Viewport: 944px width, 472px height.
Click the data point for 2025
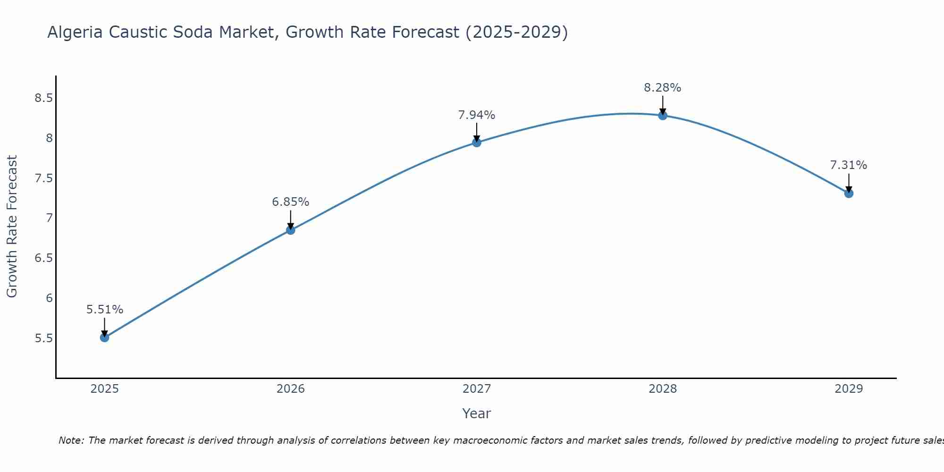point(105,337)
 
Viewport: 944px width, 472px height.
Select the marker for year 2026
point(291,230)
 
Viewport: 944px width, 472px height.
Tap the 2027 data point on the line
point(477,143)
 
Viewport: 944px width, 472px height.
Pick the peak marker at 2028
point(663,115)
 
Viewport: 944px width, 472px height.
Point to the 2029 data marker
point(849,193)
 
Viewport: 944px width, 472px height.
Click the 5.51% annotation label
point(105,310)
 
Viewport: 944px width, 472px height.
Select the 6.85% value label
point(291,202)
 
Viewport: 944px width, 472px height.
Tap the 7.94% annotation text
point(477,115)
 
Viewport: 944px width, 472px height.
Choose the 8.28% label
point(663,88)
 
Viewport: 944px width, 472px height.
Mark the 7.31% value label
point(849,165)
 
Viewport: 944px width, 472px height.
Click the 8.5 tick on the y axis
point(43,98)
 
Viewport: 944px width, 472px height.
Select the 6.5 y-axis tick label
point(43,258)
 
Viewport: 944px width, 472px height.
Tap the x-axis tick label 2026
point(291,389)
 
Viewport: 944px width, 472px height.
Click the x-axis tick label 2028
point(663,389)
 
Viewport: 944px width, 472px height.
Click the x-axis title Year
point(477,413)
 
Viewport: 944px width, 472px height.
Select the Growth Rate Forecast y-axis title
point(12,227)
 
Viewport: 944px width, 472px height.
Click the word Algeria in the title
point(75,33)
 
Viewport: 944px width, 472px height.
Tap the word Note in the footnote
point(71,440)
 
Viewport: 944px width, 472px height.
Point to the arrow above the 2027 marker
point(477,132)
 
